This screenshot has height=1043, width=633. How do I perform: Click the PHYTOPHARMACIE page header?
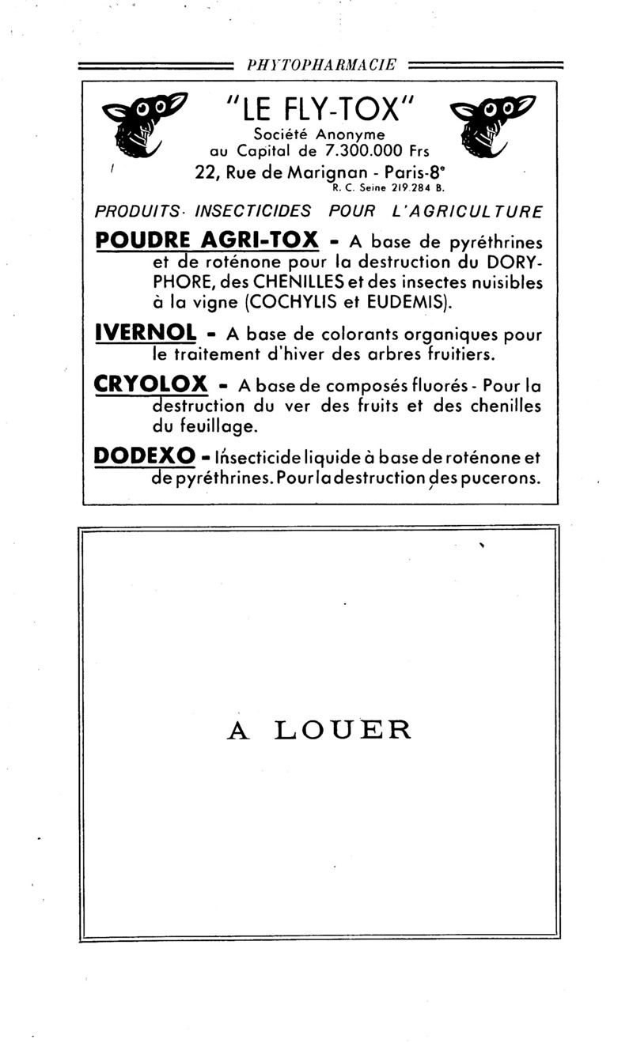[x=321, y=66]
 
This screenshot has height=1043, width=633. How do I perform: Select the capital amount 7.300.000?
[x=358, y=149]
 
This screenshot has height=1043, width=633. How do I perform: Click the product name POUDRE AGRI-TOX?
[x=207, y=240]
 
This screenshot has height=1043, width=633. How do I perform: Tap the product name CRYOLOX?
[x=150, y=385]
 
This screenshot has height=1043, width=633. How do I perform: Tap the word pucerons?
[x=498, y=478]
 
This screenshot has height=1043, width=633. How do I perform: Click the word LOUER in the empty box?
[x=343, y=730]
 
